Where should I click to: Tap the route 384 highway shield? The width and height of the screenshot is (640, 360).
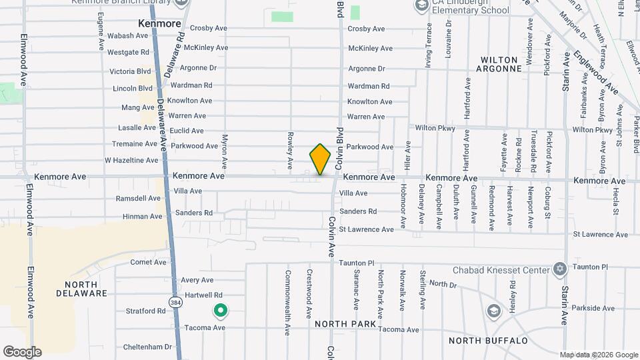coord(174,301)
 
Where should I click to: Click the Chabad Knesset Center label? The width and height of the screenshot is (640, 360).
coord(501,270)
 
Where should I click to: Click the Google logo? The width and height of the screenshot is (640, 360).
coord(21,352)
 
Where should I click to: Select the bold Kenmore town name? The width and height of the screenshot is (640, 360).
coord(159,23)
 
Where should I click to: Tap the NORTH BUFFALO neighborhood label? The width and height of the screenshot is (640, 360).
coord(489,341)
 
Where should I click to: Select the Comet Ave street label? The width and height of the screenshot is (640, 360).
coord(148,262)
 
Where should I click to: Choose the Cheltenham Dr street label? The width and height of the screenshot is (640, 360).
coord(148,347)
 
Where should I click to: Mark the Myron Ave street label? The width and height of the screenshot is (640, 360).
coord(225,151)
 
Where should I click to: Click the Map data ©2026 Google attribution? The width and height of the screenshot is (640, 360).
coord(599,355)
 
